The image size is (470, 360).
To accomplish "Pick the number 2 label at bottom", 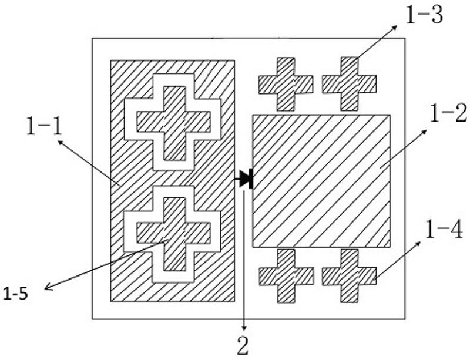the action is coord(243,346).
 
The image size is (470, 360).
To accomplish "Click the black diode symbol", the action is coord(246,179).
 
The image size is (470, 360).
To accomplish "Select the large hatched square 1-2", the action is coord(321,180).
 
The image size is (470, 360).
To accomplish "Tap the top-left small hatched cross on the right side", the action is coord(286,84).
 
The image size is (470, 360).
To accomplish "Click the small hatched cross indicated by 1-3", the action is coord(349,84).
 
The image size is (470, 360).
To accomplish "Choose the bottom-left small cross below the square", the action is coord(286,275).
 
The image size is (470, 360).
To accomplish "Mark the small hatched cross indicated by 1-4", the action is coord(349,275).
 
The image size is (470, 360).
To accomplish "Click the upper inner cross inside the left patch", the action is coord(173,122).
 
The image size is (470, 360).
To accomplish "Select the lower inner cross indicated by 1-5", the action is coord(173,233).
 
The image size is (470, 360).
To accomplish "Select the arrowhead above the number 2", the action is coord(243,330).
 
